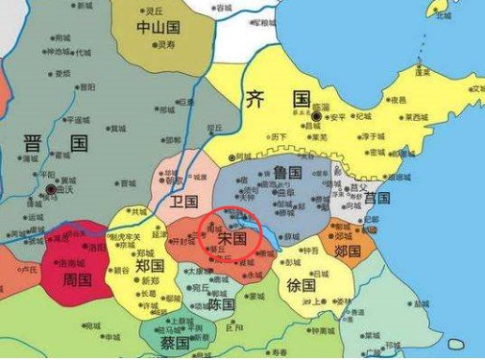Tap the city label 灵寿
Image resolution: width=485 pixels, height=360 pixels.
click(165, 44)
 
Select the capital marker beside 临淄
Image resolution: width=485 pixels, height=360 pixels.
click(315, 116)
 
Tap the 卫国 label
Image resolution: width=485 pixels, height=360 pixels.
click(183, 202)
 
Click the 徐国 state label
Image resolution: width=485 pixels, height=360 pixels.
click(302, 285)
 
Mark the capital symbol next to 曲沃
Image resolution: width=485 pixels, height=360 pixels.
click(51, 190)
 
